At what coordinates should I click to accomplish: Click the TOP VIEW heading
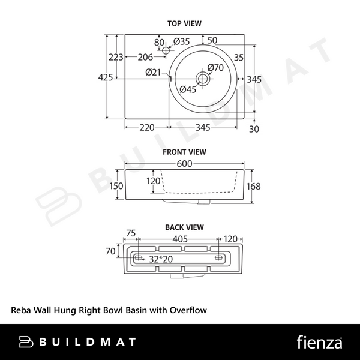point(184,23)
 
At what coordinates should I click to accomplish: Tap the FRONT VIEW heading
point(184,152)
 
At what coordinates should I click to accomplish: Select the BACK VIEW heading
point(184,227)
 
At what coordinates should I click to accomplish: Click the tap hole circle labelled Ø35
point(166,50)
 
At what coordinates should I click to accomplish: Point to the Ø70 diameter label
point(215,67)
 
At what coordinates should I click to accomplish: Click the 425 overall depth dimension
point(106,77)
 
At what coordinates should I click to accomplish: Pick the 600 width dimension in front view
point(184,164)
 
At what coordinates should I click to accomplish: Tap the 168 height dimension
point(253,186)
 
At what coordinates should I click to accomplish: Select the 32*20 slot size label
point(161,259)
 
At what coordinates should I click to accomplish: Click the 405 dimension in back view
point(180,239)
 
